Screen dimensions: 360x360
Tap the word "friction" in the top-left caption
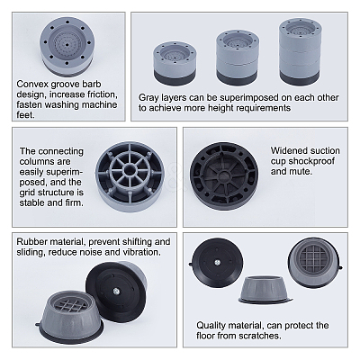pos(101,94)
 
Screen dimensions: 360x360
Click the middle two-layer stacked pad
pos(237,58)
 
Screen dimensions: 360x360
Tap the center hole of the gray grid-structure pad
pos(130,170)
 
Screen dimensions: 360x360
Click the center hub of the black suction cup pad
pos(224,175)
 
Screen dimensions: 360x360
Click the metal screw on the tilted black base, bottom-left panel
pos(116,291)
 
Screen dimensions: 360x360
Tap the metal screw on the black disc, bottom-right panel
pos(216,263)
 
